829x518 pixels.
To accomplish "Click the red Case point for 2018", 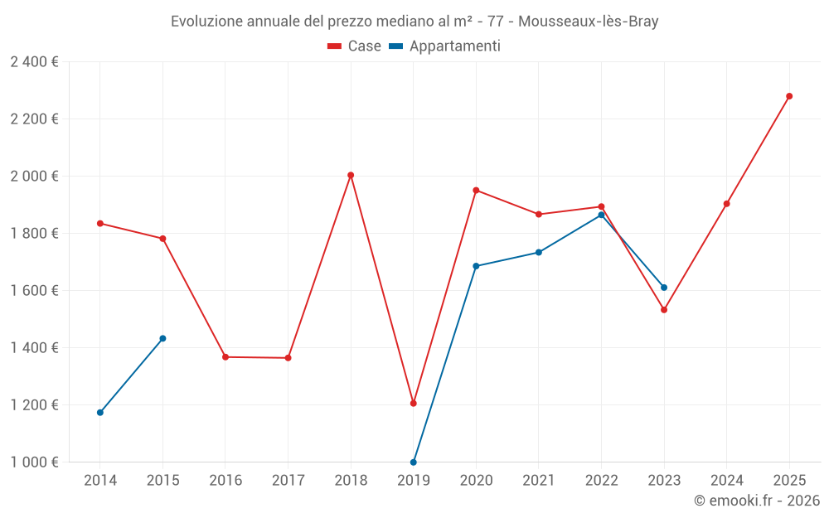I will pos(351,175).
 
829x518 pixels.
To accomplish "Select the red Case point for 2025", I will pos(789,96).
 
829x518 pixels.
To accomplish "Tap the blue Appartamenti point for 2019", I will pos(414,462).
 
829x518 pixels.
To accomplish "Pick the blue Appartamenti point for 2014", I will pos(100,412).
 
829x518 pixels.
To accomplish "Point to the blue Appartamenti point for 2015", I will pos(162,338).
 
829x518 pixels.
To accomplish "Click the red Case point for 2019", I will pos(414,403).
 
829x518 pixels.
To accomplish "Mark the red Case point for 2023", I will pos(664,310).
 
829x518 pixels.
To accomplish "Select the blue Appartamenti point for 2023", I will pos(664,288).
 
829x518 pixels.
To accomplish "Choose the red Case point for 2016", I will pos(225,357).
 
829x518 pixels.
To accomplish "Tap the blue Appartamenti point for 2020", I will pos(476,266).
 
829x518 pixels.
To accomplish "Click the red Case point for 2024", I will pos(727,204).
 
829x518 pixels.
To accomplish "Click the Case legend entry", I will pos(355,46).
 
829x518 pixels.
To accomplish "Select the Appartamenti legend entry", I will pos(445,46).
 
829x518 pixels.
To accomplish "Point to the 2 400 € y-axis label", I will pos(34,61).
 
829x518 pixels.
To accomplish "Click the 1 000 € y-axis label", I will pos(34,462).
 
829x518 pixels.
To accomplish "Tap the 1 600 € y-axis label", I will pos(34,290).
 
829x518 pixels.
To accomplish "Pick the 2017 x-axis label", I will pos(288,481).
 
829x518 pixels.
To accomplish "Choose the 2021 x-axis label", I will pos(539,481).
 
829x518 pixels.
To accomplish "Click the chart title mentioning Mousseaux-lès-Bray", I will pos(414,22).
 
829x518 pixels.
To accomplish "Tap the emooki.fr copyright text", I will pos(757,501).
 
